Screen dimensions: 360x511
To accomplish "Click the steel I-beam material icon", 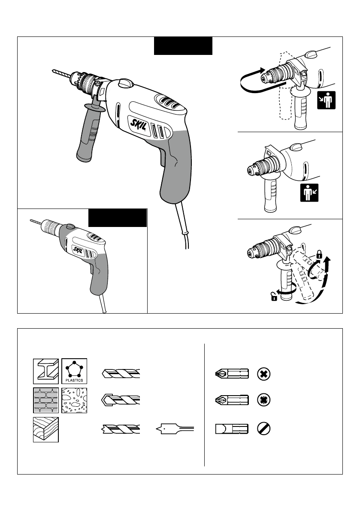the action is click(46, 370).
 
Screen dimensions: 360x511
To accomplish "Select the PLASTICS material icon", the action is click(74, 370).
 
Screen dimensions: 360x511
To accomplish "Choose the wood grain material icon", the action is click(46, 429).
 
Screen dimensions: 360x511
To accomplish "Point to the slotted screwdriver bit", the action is click(231, 429).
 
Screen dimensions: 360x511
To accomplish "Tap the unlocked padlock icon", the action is click(273, 296).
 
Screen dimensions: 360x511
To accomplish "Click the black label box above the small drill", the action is click(118, 218).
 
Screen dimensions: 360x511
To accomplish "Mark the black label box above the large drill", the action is click(183, 45).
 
